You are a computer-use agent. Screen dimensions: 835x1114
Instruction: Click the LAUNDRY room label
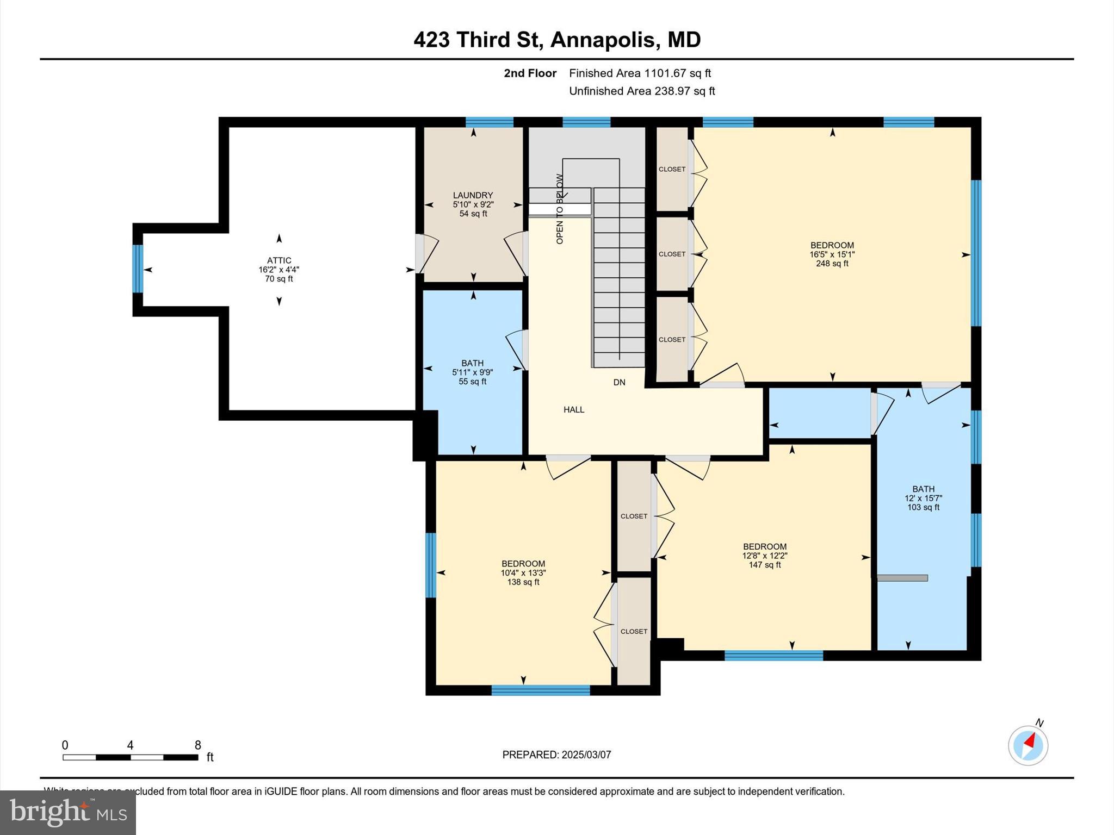click(x=473, y=195)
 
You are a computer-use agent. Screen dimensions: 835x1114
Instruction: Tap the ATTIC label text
click(x=279, y=260)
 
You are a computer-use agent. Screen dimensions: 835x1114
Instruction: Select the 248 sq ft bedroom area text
click(x=832, y=264)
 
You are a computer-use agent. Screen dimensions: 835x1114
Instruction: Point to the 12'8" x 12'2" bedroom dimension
click(x=765, y=556)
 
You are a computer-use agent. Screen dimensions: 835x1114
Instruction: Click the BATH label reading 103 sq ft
click(x=923, y=489)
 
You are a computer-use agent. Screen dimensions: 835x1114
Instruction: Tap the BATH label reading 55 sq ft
click(x=472, y=363)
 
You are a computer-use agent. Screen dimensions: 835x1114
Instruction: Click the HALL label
click(x=573, y=410)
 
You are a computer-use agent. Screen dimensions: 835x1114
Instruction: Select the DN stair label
click(x=619, y=383)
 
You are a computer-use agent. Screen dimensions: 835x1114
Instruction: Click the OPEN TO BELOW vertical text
click(x=560, y=209)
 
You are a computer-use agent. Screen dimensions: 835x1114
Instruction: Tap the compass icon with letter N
click(x=1028, y=745)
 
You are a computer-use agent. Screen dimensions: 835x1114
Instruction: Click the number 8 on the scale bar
click(x=198, y=745)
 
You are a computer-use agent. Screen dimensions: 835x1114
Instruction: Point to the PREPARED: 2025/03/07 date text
click(x=556, y=755)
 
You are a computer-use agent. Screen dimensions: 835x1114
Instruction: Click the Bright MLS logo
click(x=68, y=812)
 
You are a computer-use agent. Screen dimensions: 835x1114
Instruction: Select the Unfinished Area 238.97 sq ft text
click(x=642, y=91)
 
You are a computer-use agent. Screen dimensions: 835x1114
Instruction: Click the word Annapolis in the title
click(x=603, y=40)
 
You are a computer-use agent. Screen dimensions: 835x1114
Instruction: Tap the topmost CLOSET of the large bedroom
click(x=672, y=169)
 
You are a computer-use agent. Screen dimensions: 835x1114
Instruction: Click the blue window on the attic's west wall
click(x=138, y=269)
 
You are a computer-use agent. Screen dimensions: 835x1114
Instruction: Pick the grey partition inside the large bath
click(x=902, y=578)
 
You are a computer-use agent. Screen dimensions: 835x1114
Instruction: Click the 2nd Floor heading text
click(x=530, y=73)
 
